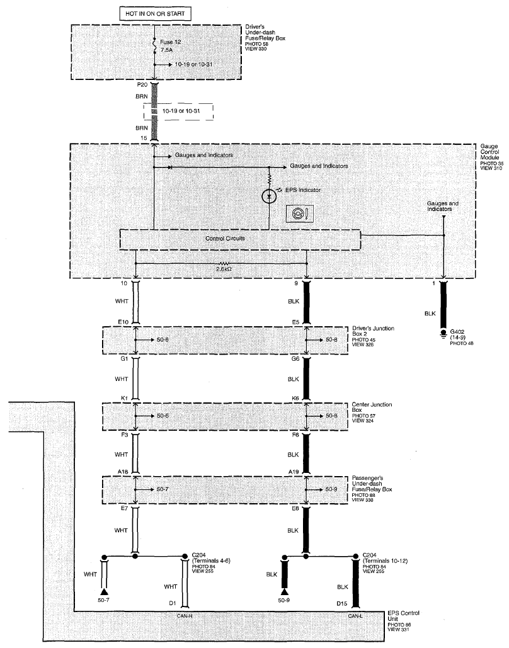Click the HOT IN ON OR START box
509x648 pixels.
pos(155,14)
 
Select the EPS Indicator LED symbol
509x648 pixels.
pos(269,196)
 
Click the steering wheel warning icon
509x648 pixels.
pos(300,213)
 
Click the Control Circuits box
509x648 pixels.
pos(240,239)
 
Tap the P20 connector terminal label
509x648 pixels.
pos(142,85)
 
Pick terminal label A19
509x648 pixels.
pos(293,472)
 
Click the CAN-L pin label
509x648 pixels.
pos(355,616)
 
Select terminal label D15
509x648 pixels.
pos(341,604)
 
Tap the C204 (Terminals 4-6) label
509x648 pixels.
pos(211,558)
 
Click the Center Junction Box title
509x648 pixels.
pos(372,407)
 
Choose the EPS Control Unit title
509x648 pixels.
pos(404,616)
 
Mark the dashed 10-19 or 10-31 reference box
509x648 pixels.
pos(178,111)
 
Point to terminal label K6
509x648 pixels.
pos(295,398)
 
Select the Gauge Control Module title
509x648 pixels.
pos(490,152)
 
